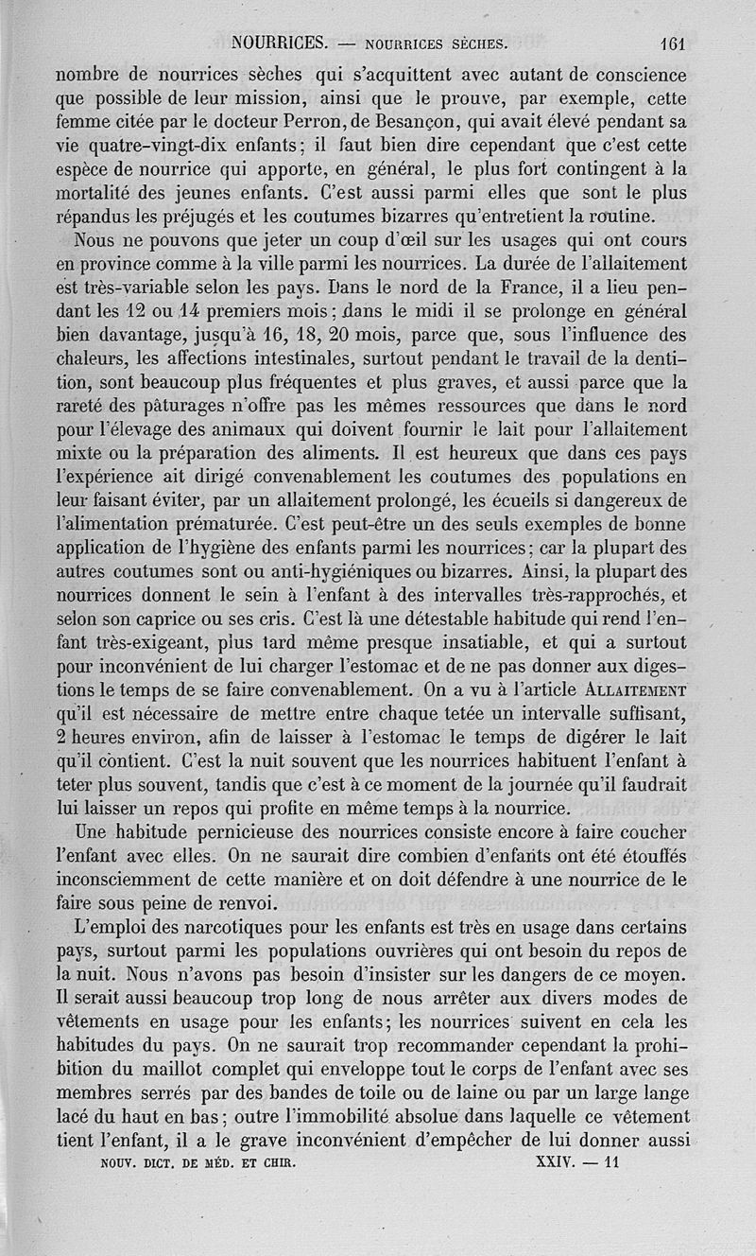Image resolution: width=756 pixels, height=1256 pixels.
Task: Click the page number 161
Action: pyautogui.click(x=673, y=44)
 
